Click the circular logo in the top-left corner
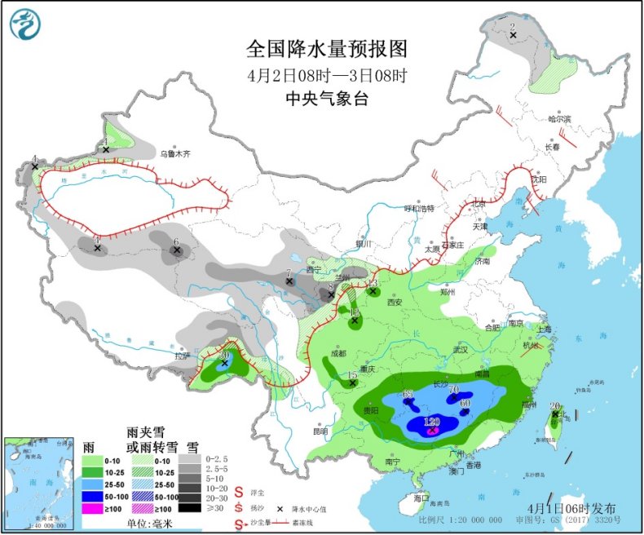[26, 24]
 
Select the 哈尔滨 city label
[559, 119]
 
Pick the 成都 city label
[339, 353]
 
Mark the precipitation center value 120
[432, 421]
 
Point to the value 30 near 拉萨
[225, 355]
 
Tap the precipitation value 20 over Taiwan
[554, 406]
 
